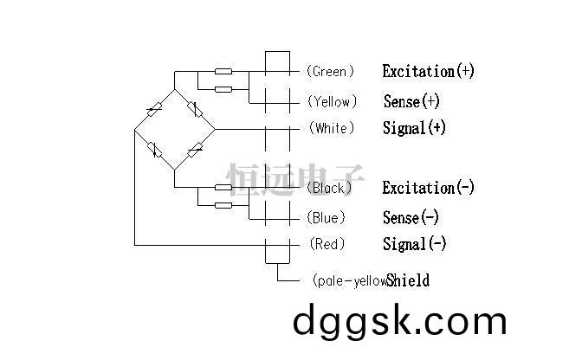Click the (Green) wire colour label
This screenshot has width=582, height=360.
coord(330,71)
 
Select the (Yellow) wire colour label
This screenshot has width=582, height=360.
coord(332,101)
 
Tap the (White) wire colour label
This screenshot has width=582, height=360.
coord(332,128)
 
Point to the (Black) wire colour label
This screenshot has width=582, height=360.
coord(329,188)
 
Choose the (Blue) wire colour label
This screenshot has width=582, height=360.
coord(326,217)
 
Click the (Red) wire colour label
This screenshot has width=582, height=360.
coord(327,244)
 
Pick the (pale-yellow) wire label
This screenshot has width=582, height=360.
coord(350,280)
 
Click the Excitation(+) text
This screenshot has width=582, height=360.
coord(429,71)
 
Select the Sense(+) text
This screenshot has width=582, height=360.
coord(411,101)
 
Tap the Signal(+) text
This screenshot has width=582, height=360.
coord(414,128)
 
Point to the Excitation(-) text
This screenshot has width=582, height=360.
coord(429,188)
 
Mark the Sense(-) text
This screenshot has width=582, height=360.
coord(411,217)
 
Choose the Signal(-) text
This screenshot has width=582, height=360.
coord(415,244)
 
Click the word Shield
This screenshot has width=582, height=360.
coord(408,280)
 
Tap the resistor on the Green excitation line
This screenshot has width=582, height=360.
coord(223,71)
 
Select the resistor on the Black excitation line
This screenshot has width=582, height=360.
coord(223,187)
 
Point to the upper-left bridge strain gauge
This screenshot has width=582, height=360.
coord(154,109)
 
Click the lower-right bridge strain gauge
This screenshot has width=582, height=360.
coord(195,150)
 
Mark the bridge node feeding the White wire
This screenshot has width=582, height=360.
coord(215,130)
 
